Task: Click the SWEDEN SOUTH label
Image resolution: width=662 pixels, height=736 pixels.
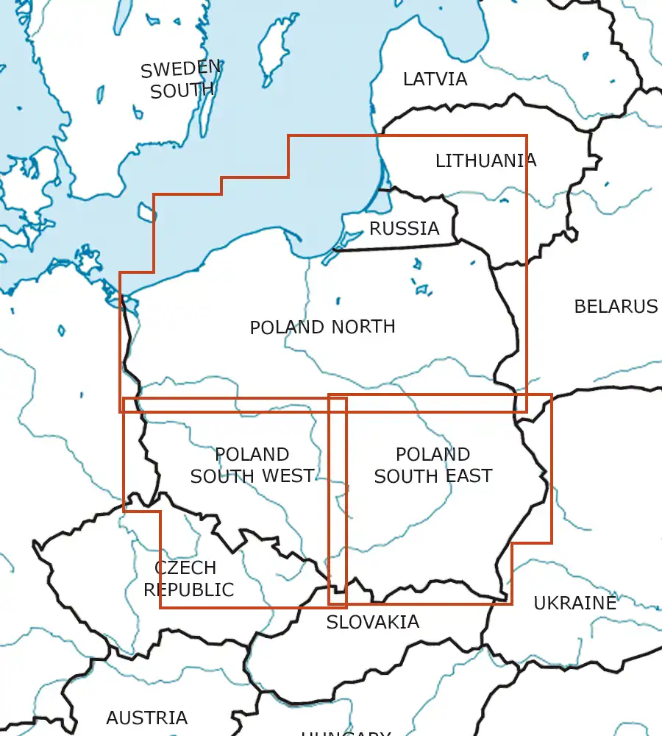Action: [181, 79]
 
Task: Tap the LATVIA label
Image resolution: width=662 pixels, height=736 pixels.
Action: [435, 79]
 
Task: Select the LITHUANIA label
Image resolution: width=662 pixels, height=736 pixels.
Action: [485, 160]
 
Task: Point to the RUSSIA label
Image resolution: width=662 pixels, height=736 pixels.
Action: [404, 229]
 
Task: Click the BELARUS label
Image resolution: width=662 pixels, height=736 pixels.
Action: [616, 306]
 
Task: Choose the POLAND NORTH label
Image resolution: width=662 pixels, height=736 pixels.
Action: [322, 327]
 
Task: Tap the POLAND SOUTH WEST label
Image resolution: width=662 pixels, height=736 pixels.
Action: [252, 465]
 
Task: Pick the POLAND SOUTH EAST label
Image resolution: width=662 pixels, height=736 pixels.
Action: [433, 465]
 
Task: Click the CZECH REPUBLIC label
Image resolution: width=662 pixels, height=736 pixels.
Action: [188, 578]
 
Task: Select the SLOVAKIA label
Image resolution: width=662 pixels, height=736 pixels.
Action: [373, 622]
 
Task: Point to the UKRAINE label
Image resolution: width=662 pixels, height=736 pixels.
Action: [574, 604]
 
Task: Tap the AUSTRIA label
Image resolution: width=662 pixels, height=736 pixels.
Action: [147, 718]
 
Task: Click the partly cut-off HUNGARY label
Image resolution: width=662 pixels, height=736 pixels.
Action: [346, 732]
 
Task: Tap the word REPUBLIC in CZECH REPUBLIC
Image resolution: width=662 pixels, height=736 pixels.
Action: [188, 590]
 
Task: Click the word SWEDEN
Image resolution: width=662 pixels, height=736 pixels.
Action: [181, 69]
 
